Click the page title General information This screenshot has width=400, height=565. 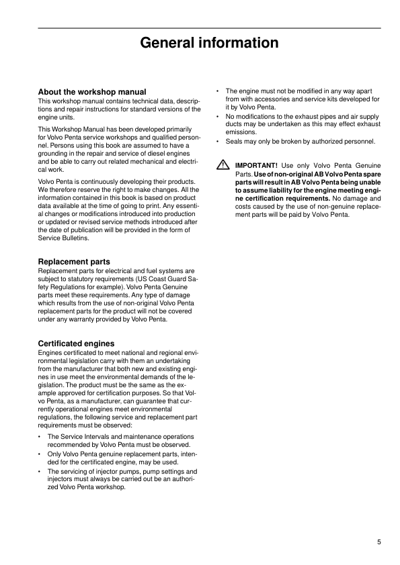pyautogui.click(x=209, y=44)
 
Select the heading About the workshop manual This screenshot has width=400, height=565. pyautogui.click(x=92, y=92)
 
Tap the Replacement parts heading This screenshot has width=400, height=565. pyautogui.click(x=74, y=262)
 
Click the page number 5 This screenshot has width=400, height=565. pyautogui.click(x=379, y=543)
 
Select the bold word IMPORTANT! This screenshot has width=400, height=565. pyautogui.click(x=255, y=166)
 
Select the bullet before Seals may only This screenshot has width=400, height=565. pyautogui.click(x=218, y=142)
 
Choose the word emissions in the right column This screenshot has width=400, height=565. pyautogui.click(x=241, y=132)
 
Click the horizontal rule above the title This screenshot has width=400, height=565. pyautogui.click(x=209, y=28)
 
